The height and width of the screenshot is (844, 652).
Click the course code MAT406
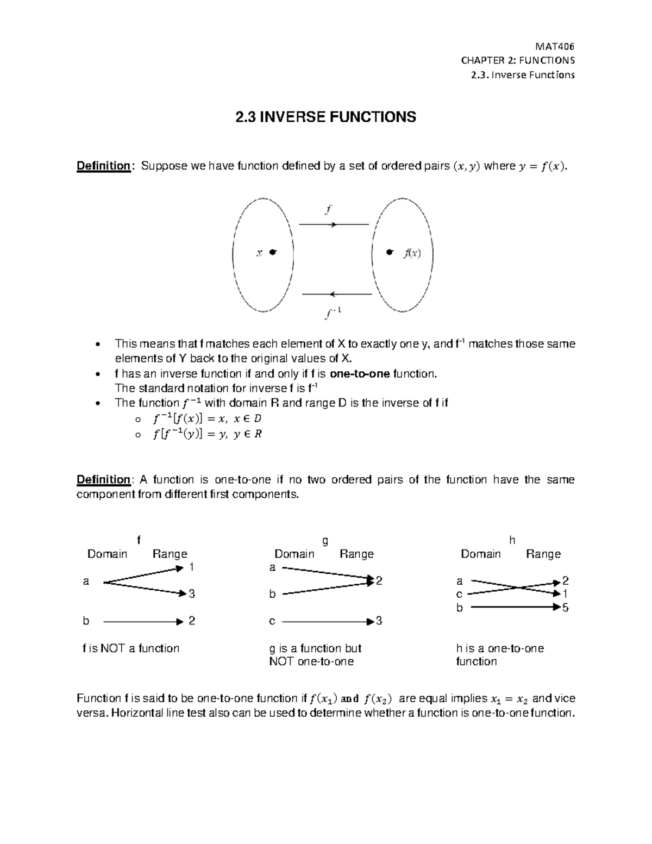pyautogui.click(x=555, y=46)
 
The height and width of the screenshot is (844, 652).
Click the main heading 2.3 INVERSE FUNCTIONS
pyautogui.click(x=325, y=117)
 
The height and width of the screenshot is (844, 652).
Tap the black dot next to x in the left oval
pyautogui.click(x=273, y=252)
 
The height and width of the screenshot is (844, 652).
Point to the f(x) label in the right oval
pyautogui.click(x=411, y=253)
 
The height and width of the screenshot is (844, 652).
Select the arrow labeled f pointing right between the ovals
pyautogui.click(x=334, y=224)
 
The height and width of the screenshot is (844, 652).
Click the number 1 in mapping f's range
pyautogui.click(x=192, y=567)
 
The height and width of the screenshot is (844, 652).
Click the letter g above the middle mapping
pyautogui.click(x=325, y=540)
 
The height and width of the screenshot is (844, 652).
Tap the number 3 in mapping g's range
pyautogui.click(x=379, y=621)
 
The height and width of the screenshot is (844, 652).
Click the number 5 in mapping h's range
pyautogui.click(x=566, y=608)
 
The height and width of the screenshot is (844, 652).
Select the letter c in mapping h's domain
pyautogui.click(x=460, y=594)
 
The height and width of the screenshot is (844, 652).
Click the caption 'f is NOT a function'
pyautogui.click(x=130, y=648)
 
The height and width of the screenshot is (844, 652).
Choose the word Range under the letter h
pyautogui.click(x=543, y=554)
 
